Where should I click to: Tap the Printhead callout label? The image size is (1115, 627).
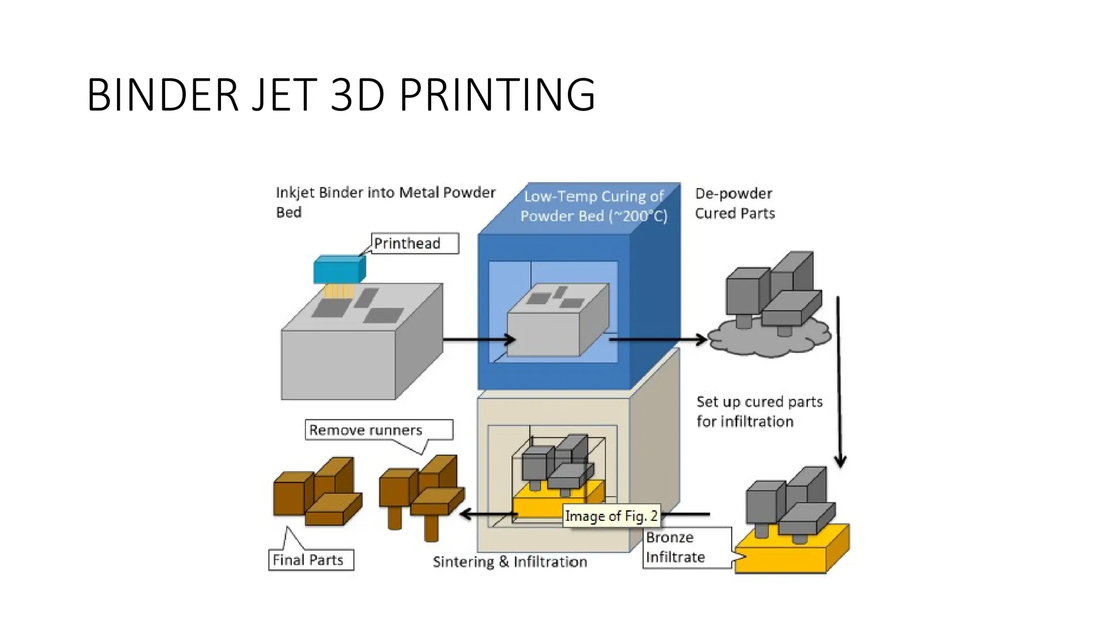[415, 243]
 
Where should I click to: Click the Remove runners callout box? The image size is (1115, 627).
[378, 430]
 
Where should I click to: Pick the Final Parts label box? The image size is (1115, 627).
[311, 560]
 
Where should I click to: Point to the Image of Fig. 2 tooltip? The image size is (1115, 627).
[611, 515]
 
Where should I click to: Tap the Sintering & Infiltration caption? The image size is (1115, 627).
[510, 562]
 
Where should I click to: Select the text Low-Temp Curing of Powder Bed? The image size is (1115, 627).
[593, 206]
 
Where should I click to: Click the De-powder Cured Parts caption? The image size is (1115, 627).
[734, 203]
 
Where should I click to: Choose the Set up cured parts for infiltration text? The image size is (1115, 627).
[759, 411]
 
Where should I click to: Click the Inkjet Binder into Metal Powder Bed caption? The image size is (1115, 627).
[385, 202]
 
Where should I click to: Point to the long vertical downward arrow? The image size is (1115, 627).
[839, 381]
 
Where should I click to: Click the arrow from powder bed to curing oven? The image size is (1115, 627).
[479, 340]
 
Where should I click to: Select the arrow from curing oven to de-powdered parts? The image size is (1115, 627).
[659, 340]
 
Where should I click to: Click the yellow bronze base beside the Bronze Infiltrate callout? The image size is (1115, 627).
[789, 555]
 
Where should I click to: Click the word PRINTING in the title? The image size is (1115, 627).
[497, 95]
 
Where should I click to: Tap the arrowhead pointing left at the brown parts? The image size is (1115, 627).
[466, 514]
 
